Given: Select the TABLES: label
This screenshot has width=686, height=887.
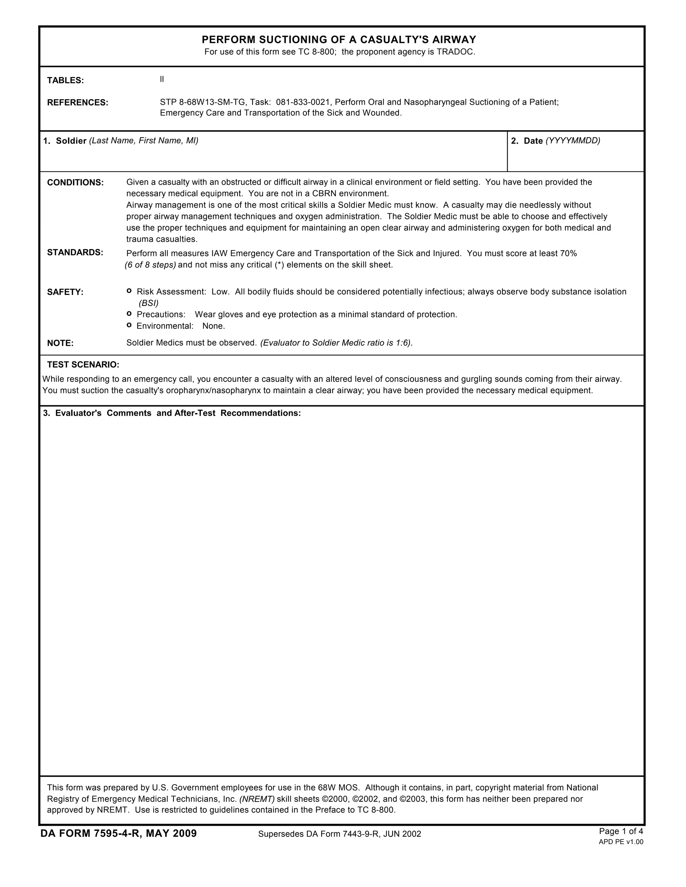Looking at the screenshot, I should pyautogui.click(x=65, y=80).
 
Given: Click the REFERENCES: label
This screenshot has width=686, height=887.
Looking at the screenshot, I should pyautogui.click(x=78, y=102).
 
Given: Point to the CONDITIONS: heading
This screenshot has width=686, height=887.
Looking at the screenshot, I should pyautogui.click(x=75, y=183).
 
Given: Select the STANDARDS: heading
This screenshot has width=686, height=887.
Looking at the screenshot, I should pyautogui.click(x=75, y=253).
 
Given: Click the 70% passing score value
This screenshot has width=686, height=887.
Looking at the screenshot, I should pyautogui.click(x=568, y=254).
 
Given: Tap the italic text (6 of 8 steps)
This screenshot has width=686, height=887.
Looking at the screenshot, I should pyautogui.click(x=150, y=265).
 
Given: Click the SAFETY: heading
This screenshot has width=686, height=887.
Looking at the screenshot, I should pyautogui.click(x=65, y=292).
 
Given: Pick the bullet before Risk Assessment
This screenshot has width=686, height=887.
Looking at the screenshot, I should pyautogui.click(x=129, y=291).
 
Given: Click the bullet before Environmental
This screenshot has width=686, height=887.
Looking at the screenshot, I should pyautogui.click(x=129, y=325).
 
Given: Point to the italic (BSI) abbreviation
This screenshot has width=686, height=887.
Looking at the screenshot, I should pyautogui.click(x=148, y=303).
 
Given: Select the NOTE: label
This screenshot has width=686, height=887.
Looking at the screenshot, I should pyautogui.click(x=60, y=343).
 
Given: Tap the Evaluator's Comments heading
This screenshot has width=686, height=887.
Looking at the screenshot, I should pyautogui.click(x=172, y=413).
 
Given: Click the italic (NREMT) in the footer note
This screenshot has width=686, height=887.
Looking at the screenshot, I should pyautogui.click(x=257, y=799).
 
